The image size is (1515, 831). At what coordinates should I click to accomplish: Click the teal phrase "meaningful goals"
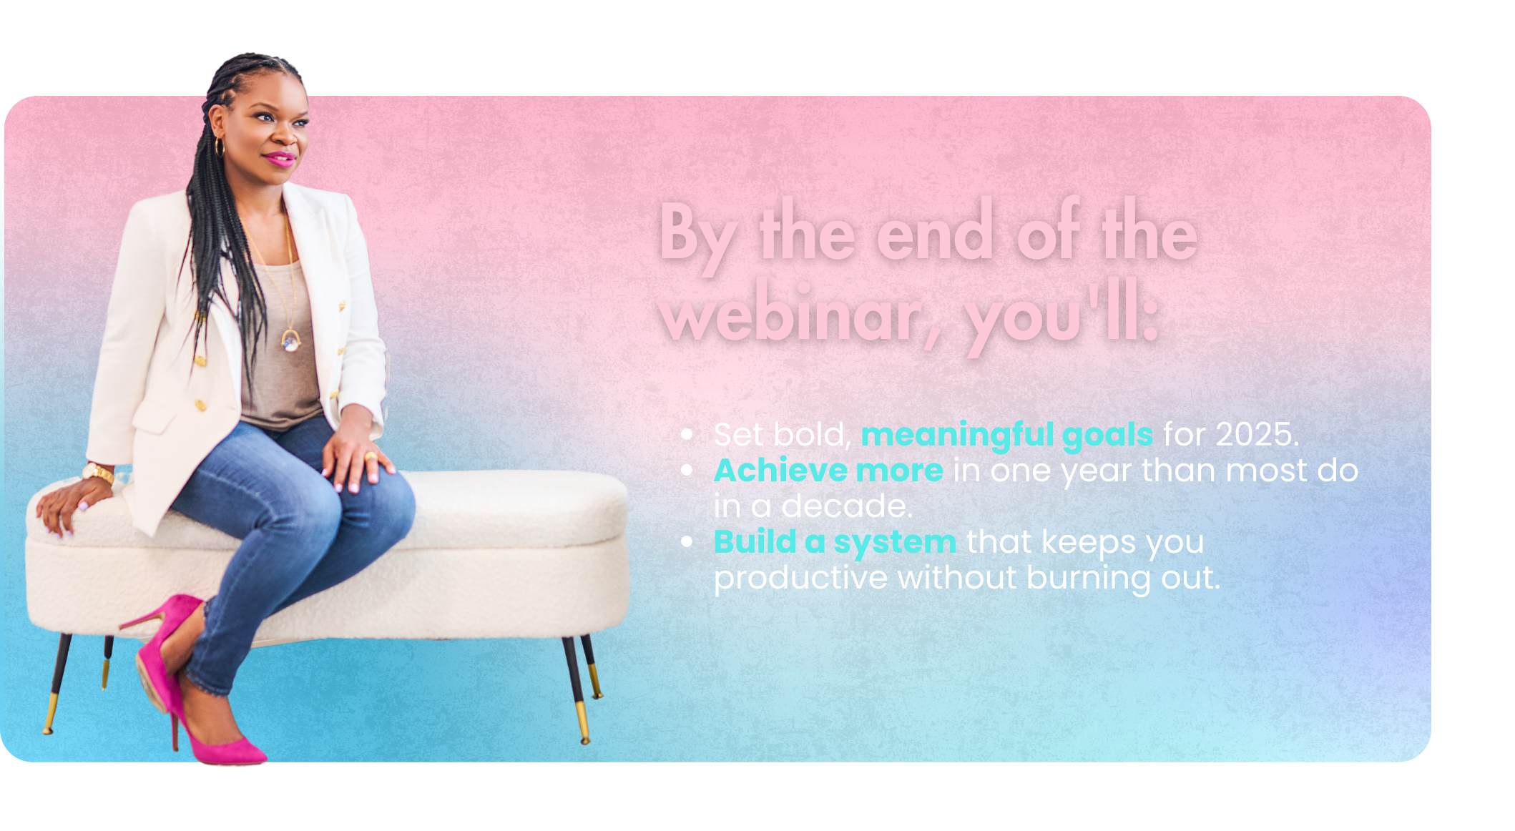pos(1006,436)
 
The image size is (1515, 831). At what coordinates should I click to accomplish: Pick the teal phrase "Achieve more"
pos(828,471)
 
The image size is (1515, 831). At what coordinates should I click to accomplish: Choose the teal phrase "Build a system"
pos(835,543)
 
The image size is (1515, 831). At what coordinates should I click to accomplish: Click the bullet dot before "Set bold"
pos(687,434)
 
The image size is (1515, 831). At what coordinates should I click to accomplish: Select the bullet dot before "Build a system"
pos(687,541)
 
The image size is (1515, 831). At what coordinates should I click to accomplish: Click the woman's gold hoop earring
pos(219,147)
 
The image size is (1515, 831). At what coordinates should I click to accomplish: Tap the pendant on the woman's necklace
pos(290,341)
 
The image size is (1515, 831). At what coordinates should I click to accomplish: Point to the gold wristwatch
pos(99,472)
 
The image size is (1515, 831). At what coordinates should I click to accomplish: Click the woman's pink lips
pos(280,159)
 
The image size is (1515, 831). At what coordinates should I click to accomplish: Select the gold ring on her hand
pos(371,456)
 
